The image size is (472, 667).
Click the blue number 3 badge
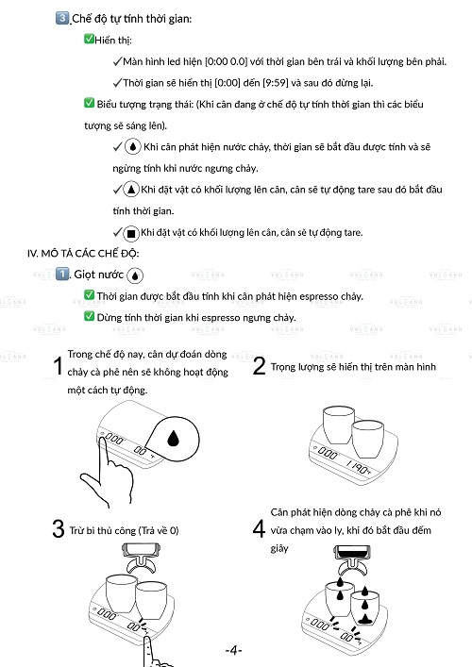tap(62, 18)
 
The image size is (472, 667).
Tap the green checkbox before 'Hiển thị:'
tap(89, 39)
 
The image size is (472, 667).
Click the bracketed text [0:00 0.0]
tap(226, 61)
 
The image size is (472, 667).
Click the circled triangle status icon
tap(131, 190)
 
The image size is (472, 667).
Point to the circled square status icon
tap(131, 233)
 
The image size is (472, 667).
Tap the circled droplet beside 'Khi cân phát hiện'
tap(133, 147)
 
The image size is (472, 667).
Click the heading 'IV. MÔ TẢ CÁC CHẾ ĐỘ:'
tap(83, 254)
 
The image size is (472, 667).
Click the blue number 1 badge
tap(62, 274)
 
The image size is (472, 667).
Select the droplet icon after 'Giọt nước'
tap(135, 275)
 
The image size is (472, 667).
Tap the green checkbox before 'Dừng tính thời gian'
tap(89, 316)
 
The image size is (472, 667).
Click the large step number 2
tap(259, 365)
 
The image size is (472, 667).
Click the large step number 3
tap(59, 528)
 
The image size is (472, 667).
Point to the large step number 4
tap(259, 529)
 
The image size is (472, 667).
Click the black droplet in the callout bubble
tap(173, 438)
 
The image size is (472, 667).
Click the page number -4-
tap(234, 650)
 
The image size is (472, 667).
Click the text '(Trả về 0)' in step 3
tap(159, 530)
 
